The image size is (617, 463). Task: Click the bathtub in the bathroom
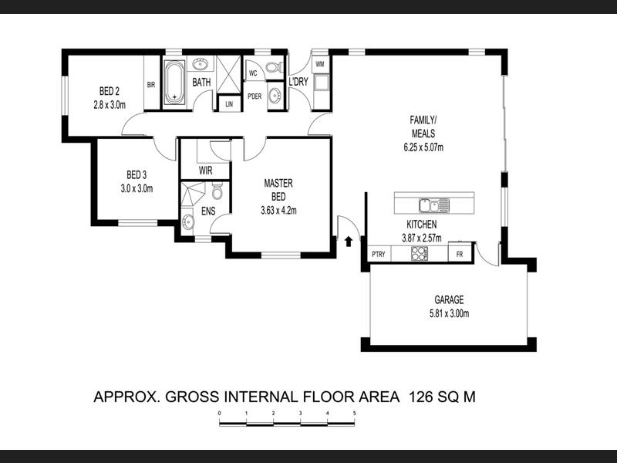pos(174,83)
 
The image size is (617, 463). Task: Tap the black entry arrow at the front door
pos(349,242)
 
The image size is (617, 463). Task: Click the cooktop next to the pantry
pos(420,253)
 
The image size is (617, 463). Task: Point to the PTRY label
pos(379,255)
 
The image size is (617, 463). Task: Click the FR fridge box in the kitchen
pos(460,255)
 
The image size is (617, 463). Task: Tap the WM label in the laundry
pos(320,65)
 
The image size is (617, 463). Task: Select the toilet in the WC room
pos(274,67)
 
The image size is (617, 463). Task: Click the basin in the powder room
pos(275,95)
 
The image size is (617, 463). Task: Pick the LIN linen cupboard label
pos(229,104)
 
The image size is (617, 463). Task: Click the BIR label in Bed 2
pos(151,85)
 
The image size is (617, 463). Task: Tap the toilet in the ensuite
pos(217,191)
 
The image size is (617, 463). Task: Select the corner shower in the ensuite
pos(192,194)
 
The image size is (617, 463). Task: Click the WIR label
pos(205,171)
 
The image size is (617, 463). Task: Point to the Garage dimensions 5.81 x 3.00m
pos(449,314)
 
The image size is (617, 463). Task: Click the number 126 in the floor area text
pos(421,397)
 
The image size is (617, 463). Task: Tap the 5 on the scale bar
pos(355,413)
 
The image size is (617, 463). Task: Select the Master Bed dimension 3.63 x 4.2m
pos(278,211)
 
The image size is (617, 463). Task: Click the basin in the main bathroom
pos(200,63)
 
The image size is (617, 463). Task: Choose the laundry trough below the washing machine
pos(322,83)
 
